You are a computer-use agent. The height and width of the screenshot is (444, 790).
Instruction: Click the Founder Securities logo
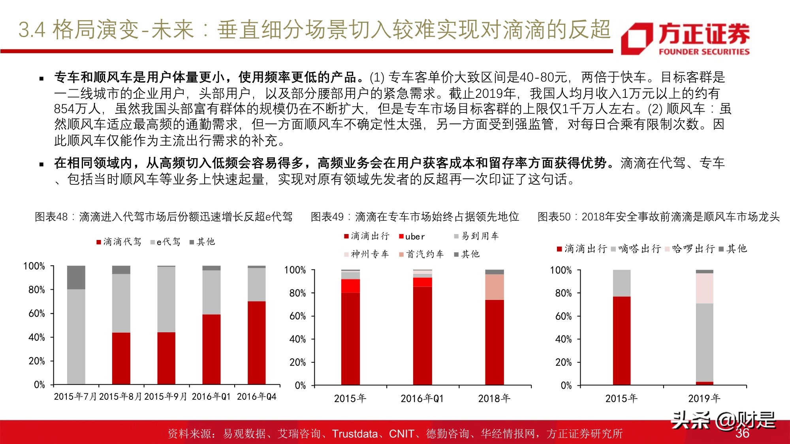click(685, 38)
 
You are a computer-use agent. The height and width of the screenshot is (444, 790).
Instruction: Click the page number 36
click(742, 433)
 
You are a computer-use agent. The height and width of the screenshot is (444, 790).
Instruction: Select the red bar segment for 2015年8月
click(121, 358)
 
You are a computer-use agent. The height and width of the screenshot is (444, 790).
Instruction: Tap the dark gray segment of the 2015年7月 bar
click(76, 277)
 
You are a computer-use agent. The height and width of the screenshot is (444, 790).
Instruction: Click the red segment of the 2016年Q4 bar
click(256, 343)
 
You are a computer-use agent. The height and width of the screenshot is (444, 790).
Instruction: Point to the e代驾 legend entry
click(166, 242)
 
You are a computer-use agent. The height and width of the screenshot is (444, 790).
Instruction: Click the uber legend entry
click(412, 236)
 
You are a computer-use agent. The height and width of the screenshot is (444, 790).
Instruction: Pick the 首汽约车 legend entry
click(421, 254)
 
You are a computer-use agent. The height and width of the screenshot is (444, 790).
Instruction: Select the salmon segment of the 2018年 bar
click(494, 287)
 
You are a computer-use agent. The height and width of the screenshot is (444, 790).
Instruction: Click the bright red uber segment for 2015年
click(350, 286)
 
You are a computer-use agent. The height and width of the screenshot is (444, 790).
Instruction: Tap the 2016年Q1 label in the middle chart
click(422, 399)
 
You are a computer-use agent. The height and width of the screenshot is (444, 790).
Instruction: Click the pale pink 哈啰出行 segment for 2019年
click(704, 288)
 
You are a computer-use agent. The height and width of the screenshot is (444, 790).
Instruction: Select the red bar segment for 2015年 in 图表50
click(621, 340)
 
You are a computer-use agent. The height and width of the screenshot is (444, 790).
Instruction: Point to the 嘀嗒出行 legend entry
click(636, 249)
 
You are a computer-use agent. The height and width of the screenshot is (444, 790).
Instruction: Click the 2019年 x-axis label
click(704, 399)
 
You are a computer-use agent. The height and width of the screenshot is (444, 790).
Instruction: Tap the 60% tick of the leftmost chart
click(36, 314)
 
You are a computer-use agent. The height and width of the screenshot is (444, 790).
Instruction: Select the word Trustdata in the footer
click(355, 434)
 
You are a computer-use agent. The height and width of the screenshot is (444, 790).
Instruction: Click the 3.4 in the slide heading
click(32, 30)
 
